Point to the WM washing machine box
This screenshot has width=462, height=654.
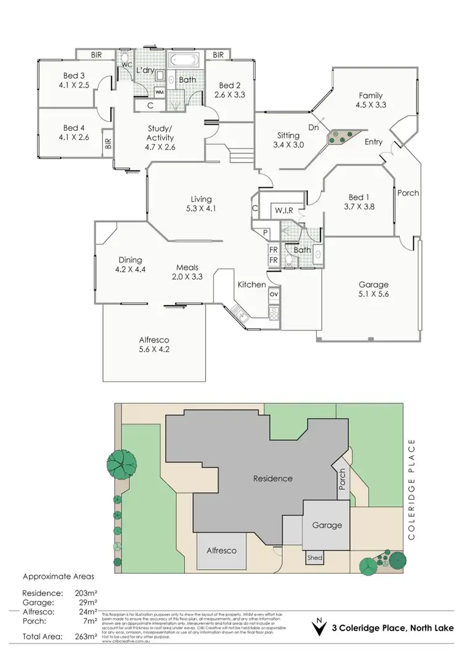(x=159, y=92)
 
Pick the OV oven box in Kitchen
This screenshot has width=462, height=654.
(x=274, y=294)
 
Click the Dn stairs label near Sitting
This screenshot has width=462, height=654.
(x=313, y=128)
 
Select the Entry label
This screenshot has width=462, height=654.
(x=374, y=142)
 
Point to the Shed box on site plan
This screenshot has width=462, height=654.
(x=314, y=558)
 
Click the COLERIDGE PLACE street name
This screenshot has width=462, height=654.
(x=412, y=490)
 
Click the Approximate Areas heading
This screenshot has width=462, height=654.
(x=59, y=577)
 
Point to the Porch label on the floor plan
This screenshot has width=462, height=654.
(x=407, y=193)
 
